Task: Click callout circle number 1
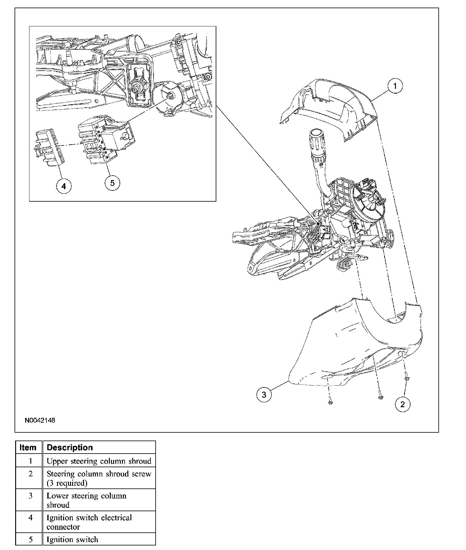[395, 86]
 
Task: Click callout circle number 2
[403, 404]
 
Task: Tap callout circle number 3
[264, 395]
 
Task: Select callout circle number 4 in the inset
[64, 186]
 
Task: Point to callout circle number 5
[112, 183]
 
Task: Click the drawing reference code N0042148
[40, 421]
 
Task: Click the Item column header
[28, 448]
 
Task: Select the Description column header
[70, 448]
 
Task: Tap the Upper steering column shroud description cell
[99, 461]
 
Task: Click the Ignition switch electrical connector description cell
[89, 522]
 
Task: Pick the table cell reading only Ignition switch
[72, 540]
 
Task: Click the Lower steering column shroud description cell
[86, 500]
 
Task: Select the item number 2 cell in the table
[30, 474]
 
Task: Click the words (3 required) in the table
[67, 483]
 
